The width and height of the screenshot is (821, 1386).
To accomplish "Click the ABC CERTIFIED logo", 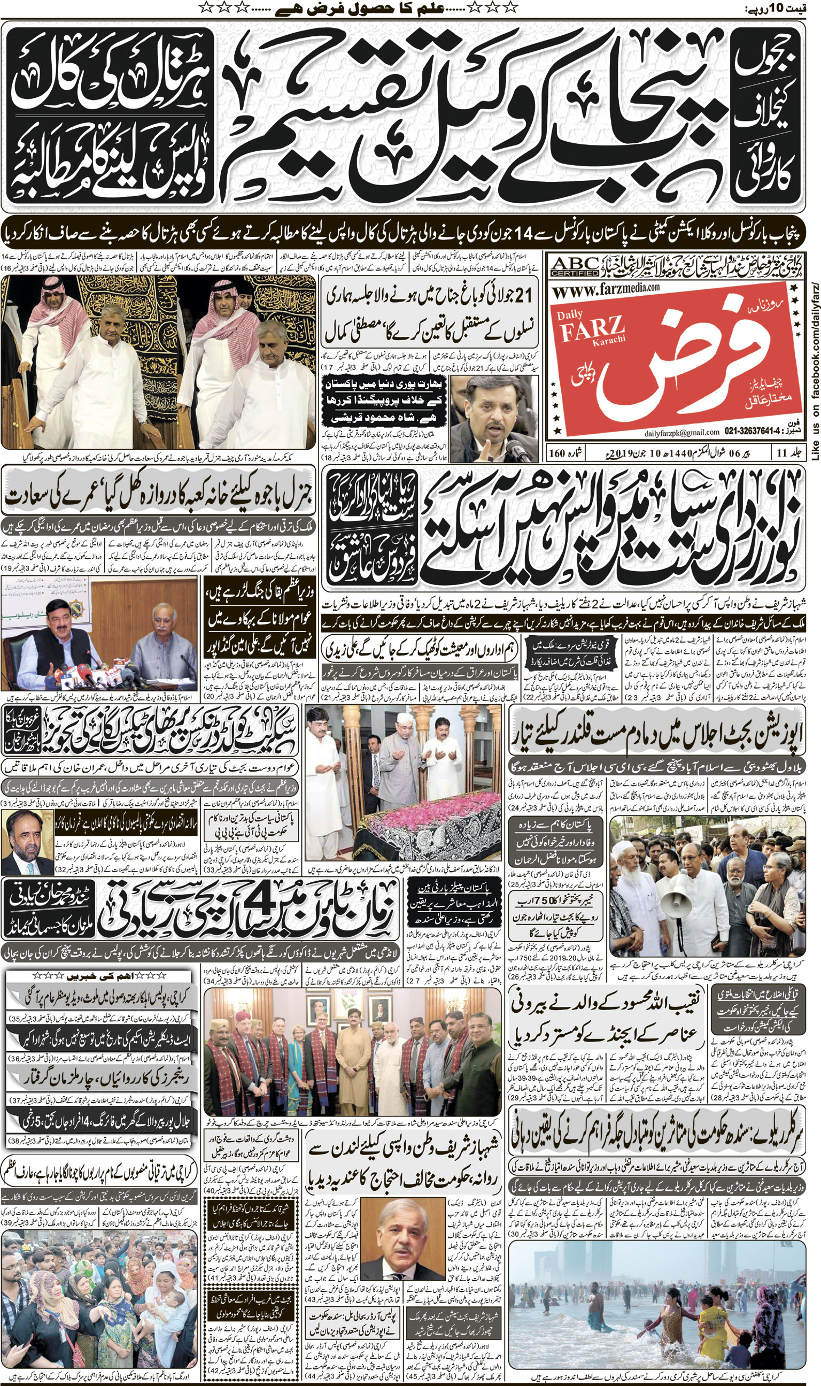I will [575, 266].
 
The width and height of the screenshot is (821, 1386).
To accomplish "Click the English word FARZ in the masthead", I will [591, 332].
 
